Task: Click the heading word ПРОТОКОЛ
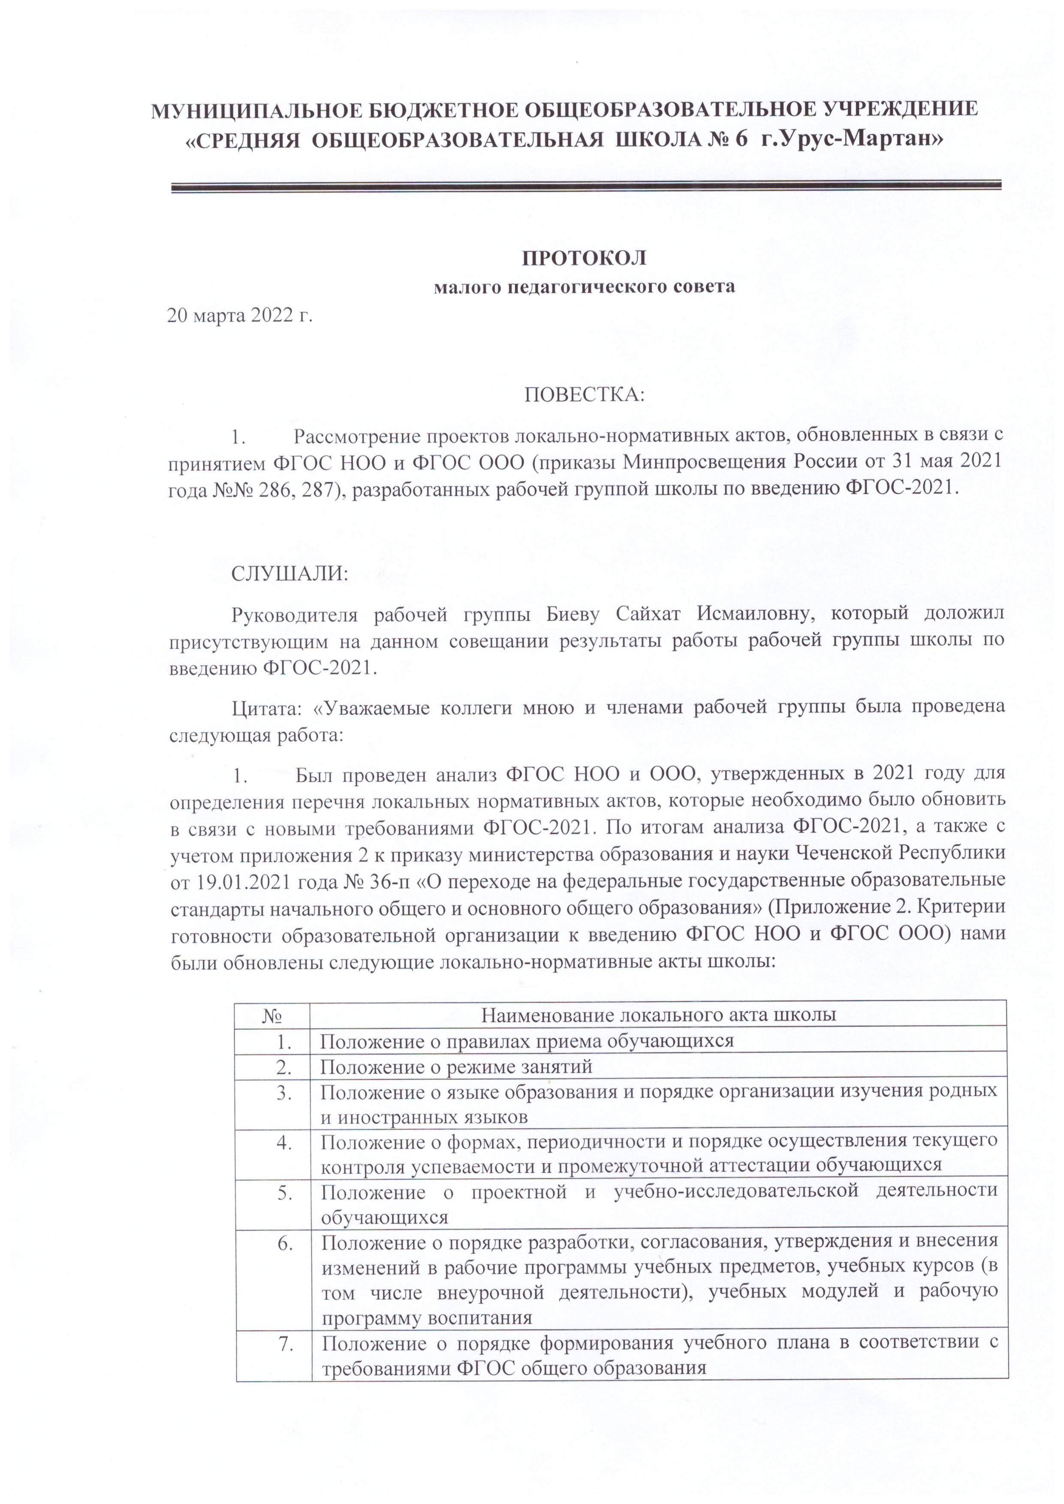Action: click(584, 259)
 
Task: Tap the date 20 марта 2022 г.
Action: click(241, 316)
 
